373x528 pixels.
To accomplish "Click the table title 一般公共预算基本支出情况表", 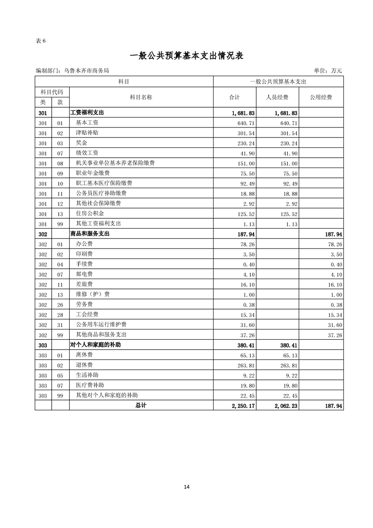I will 186,56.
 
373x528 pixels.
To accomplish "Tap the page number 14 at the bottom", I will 187,487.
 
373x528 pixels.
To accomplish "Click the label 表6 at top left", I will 40,40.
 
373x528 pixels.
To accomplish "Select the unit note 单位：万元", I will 327,71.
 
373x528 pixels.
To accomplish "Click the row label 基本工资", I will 87,123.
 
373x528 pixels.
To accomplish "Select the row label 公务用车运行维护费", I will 101,325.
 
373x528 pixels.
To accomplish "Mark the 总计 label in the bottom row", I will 141,405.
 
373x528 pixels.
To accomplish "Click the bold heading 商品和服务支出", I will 90,234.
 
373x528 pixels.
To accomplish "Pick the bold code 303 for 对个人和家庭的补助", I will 43,345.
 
